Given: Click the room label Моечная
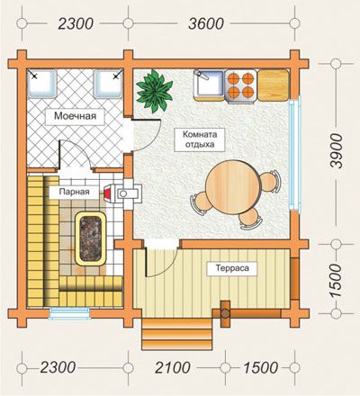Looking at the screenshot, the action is coord(75,116).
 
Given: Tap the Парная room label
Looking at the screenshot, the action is coord(74,192).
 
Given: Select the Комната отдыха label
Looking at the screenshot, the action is coord(200,139).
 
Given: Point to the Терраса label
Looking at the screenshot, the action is coord(232,267).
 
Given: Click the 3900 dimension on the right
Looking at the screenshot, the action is coord(336,151).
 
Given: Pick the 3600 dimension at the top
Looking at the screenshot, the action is coord(206,23).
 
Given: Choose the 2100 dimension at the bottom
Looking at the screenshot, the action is coord(173,367).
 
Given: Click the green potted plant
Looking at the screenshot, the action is coord(155,91).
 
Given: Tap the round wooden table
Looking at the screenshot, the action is coord(232,187).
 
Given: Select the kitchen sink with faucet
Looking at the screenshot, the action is coord(209,85).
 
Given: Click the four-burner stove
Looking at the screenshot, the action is coord(240,85).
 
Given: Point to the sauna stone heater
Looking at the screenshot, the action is coord(90,238).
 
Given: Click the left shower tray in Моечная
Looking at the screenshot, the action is coord(42,84).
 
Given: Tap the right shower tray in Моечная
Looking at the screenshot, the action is coord(108,84).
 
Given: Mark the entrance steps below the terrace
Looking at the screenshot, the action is coord(177,334).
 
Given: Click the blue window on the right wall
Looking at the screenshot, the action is coord(294,155).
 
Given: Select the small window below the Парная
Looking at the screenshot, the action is coord(69,313).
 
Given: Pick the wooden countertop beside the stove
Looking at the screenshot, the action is coord(273,85).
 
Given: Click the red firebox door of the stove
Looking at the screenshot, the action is coord(108,193).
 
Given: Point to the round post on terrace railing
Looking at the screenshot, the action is coord(225,314).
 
